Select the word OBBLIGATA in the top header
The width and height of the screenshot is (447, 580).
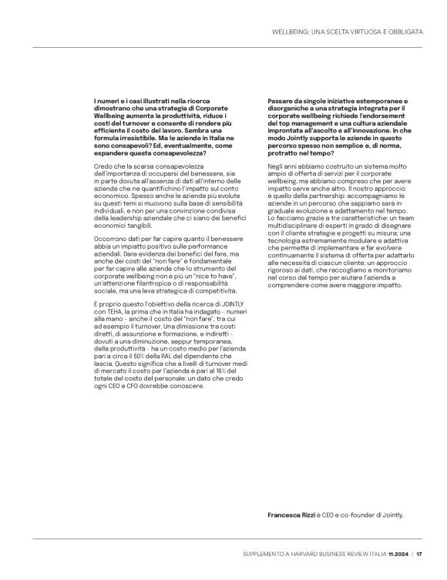coord(402,32)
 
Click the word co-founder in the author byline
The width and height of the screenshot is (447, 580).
coord(350,515)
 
